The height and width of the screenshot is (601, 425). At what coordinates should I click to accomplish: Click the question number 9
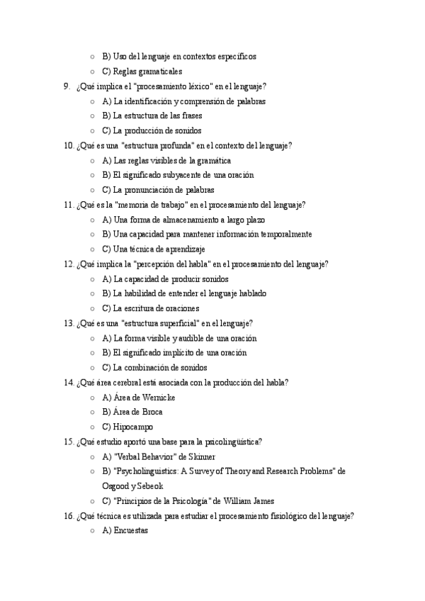(67, 86)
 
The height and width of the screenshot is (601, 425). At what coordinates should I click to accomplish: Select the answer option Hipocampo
(133, 427)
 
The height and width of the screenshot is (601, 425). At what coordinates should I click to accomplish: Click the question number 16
(69, 516)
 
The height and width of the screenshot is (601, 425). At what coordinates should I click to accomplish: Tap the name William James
(249, 501)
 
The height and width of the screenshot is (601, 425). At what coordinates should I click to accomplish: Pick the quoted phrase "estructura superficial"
(159, 323)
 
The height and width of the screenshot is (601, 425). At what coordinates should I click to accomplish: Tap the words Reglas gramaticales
(147, 72)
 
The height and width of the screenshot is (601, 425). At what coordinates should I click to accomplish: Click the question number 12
(69, 264)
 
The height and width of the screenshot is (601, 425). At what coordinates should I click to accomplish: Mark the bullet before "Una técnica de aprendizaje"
(93, 249)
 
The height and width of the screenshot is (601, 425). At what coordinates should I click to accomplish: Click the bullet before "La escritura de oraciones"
(93, 309)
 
